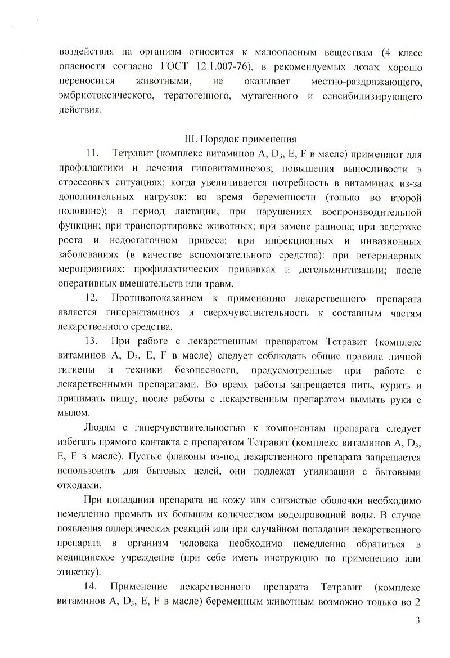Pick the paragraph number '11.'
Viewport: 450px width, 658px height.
[92, 154]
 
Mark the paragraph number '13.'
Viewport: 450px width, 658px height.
[92, 341]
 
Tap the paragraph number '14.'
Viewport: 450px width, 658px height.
[92, 587]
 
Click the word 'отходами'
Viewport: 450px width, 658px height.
[77, 484]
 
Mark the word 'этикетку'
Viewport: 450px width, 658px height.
[78, 571]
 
